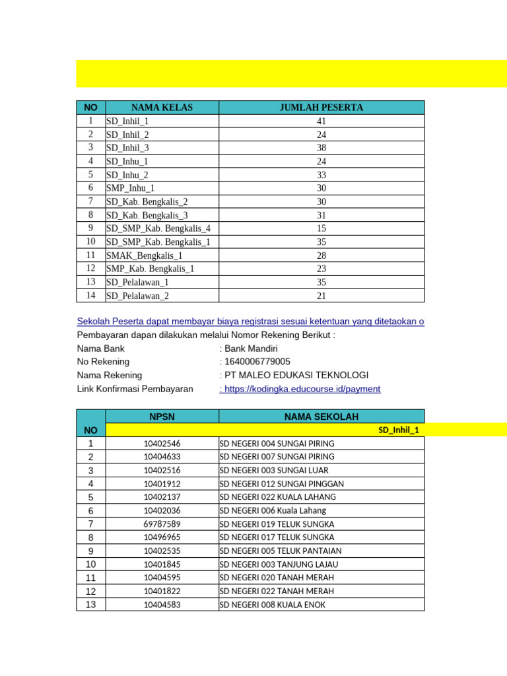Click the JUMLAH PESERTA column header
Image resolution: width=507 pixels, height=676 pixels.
(x=321, y=108)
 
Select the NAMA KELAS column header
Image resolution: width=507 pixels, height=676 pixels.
(x=162, y=108)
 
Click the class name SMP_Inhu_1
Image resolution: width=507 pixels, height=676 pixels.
(x=130, y=188)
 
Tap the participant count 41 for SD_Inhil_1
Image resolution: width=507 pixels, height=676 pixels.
(x=321, y=121)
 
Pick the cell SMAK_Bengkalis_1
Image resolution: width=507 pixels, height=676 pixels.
(x=144, y=255)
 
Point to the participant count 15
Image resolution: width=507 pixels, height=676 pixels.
(x=321, y=228)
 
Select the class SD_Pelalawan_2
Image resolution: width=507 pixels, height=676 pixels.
(x=137, y=296)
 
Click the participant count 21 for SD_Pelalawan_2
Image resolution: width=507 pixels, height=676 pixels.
(x=321, y=296)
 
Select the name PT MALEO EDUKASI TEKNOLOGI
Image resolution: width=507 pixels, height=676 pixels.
(x=296, y=376)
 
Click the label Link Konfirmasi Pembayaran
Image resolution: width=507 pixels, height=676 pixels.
(x=135, y=389)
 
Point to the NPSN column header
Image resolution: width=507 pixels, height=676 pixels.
(x=162, y=417)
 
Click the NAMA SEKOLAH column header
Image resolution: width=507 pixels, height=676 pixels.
(x=321, y=417)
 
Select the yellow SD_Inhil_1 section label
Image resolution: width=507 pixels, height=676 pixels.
(x=398, y=430)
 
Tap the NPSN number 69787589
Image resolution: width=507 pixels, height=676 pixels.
(x=162, y=524)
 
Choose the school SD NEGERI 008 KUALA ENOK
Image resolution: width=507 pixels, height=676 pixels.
(x=272, y=605)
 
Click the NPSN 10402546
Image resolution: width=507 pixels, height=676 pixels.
(x=162, y=444)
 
